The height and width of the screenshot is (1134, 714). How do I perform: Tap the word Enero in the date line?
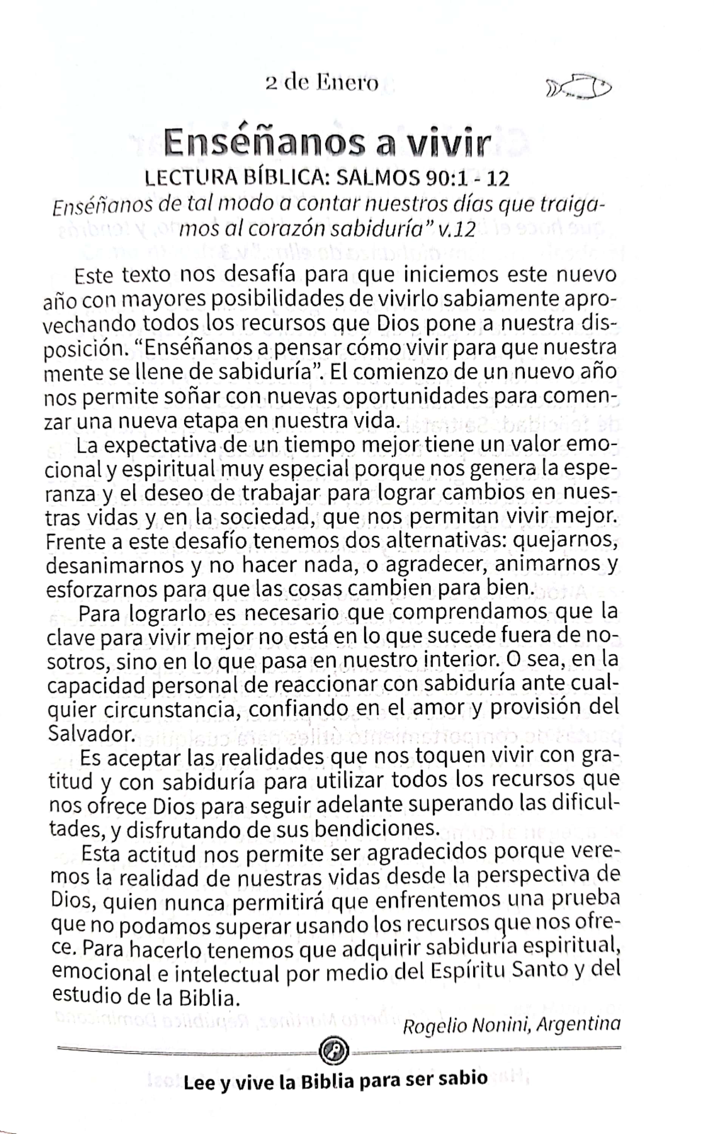[x=347, y=84]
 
